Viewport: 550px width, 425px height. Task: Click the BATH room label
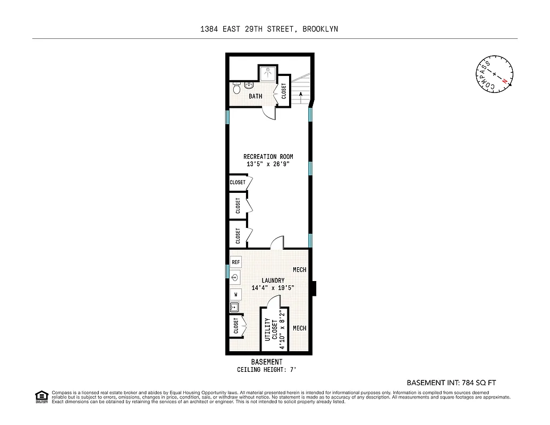tap(256, 96)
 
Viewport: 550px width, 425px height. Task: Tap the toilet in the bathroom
tap(236, 90)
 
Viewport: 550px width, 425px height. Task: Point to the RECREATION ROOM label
tap(268, 157)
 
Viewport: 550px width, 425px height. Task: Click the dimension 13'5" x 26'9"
tap(268, 164)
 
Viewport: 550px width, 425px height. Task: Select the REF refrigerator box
tap(236, 262)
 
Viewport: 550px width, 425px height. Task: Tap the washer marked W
tap(235, 294)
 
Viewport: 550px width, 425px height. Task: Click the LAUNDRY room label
tap(273, 280)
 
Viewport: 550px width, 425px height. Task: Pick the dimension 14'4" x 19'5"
tap(273, 288)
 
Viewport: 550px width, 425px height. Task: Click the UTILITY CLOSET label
tap(271, 333)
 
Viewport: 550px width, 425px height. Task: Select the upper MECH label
tap(299, 270)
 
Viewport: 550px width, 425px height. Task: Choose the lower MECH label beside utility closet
tap(299, 328)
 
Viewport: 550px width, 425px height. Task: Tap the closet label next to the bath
tap(284, 91)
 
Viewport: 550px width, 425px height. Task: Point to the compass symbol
tap(494, 73)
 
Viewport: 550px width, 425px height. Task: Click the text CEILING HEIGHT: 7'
tap(269, 370)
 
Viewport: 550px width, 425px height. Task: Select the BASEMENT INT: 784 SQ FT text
tap(451, 382)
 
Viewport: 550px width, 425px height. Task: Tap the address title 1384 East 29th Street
tap(269, 29)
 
